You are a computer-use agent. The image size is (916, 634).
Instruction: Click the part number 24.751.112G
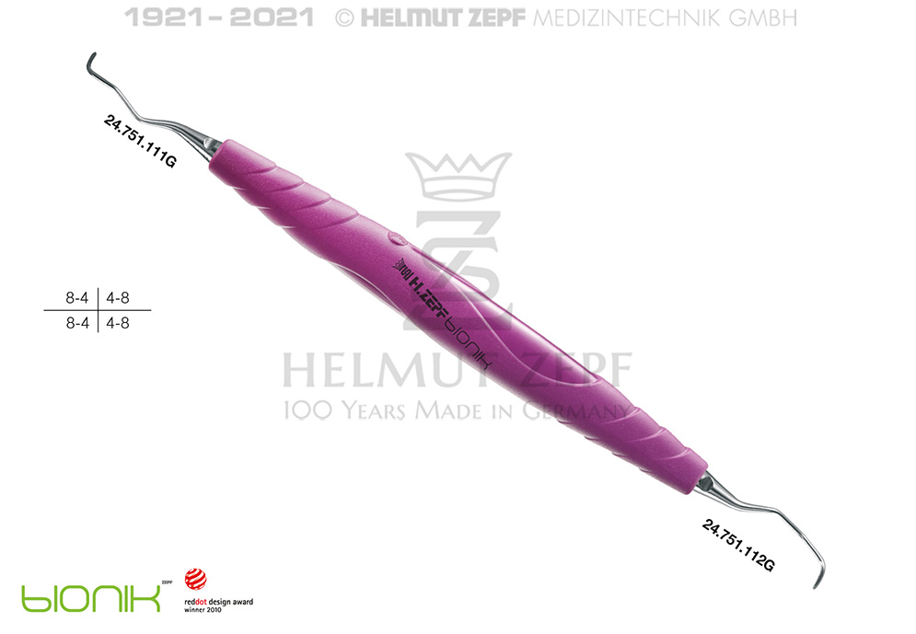click(738, 546)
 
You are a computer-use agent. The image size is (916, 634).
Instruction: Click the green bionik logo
click(91, 598)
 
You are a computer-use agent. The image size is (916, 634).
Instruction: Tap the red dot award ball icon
click(195, 579)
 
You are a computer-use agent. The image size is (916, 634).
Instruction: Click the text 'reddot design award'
click(218, 601)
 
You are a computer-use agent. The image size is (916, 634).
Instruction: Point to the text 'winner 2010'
click(203, 609)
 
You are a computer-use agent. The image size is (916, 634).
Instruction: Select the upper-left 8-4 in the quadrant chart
click(77, 298)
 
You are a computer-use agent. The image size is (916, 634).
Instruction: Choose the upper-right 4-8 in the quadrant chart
click(118, 298)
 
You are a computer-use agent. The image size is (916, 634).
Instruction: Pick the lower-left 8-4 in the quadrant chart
click(77, 323)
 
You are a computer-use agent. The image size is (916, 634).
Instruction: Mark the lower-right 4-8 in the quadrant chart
click(118, 323)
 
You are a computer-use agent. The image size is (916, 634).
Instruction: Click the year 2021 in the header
click(272, 17)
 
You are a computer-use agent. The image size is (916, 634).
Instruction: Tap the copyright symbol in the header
click(344, 18)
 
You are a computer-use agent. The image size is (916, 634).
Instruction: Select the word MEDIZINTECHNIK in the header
click(627, 18)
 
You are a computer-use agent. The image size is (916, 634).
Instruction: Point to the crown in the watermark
click(458, 175)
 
